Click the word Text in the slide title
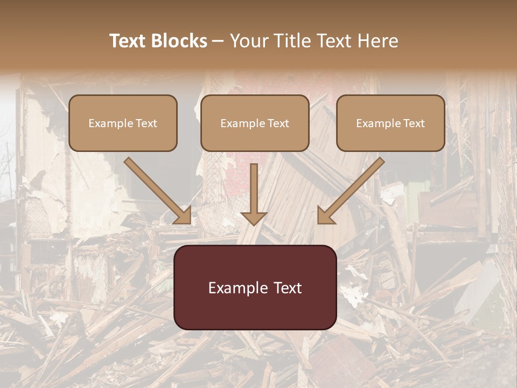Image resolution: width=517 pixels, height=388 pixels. point(128,41)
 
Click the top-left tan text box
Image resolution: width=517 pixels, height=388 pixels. point(123,123)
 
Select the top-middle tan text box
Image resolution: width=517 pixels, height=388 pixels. point(255,123)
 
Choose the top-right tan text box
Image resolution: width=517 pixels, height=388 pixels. point(390,123)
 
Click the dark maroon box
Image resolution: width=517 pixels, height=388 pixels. point(255,287)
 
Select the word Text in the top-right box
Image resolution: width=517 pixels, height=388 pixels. point(414,123)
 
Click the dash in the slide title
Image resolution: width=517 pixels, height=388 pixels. point(218,41)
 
